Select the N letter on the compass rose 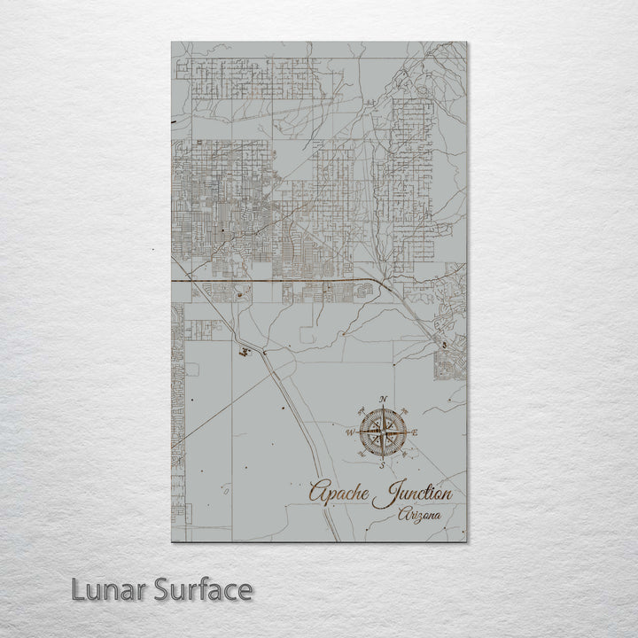[x=383, y=400]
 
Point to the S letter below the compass [x=383, y=464]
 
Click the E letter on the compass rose [x=415, y=432]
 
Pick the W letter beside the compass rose [x=350, y=432]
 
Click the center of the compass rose [x=383, y=432]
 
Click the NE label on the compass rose [x=404, y=410]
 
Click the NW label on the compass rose [x=362, y=410]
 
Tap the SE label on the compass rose [x=404, y=454]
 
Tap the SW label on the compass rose [x=362, y=454]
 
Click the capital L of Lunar [x=79, y=589]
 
